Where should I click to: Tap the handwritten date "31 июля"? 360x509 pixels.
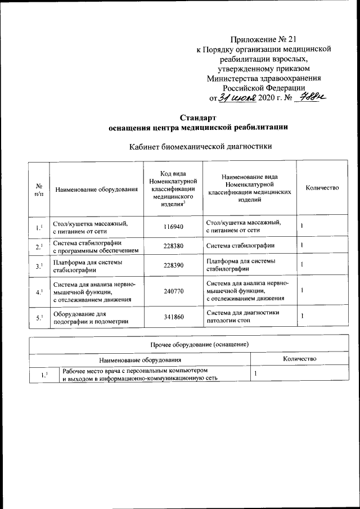click(x=237, y=98)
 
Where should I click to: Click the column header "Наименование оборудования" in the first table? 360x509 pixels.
click(x=96, y=190)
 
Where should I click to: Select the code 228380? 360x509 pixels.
click(x=172, y=246)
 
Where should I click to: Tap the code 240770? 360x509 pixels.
click(x=172, y=291)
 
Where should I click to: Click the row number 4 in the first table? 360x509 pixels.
click(x=39, y=292)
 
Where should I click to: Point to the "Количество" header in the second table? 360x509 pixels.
click(x=299, y=358)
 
